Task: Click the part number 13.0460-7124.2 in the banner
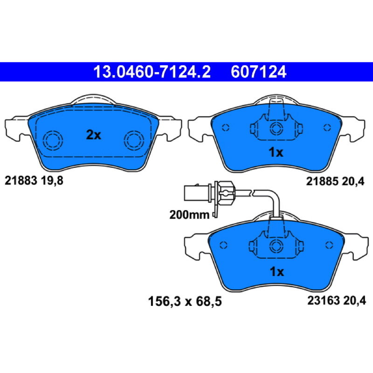point(152,72)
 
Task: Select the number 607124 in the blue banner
point(259,72)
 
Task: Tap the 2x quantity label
point(94,135)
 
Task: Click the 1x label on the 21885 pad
point(276,152)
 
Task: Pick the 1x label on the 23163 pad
point(277,271)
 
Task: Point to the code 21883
point(21,180)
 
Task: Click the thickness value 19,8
point(52,181)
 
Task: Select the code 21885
point(322,181)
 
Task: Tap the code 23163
point(324,300)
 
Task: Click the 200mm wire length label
point(189,215)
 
